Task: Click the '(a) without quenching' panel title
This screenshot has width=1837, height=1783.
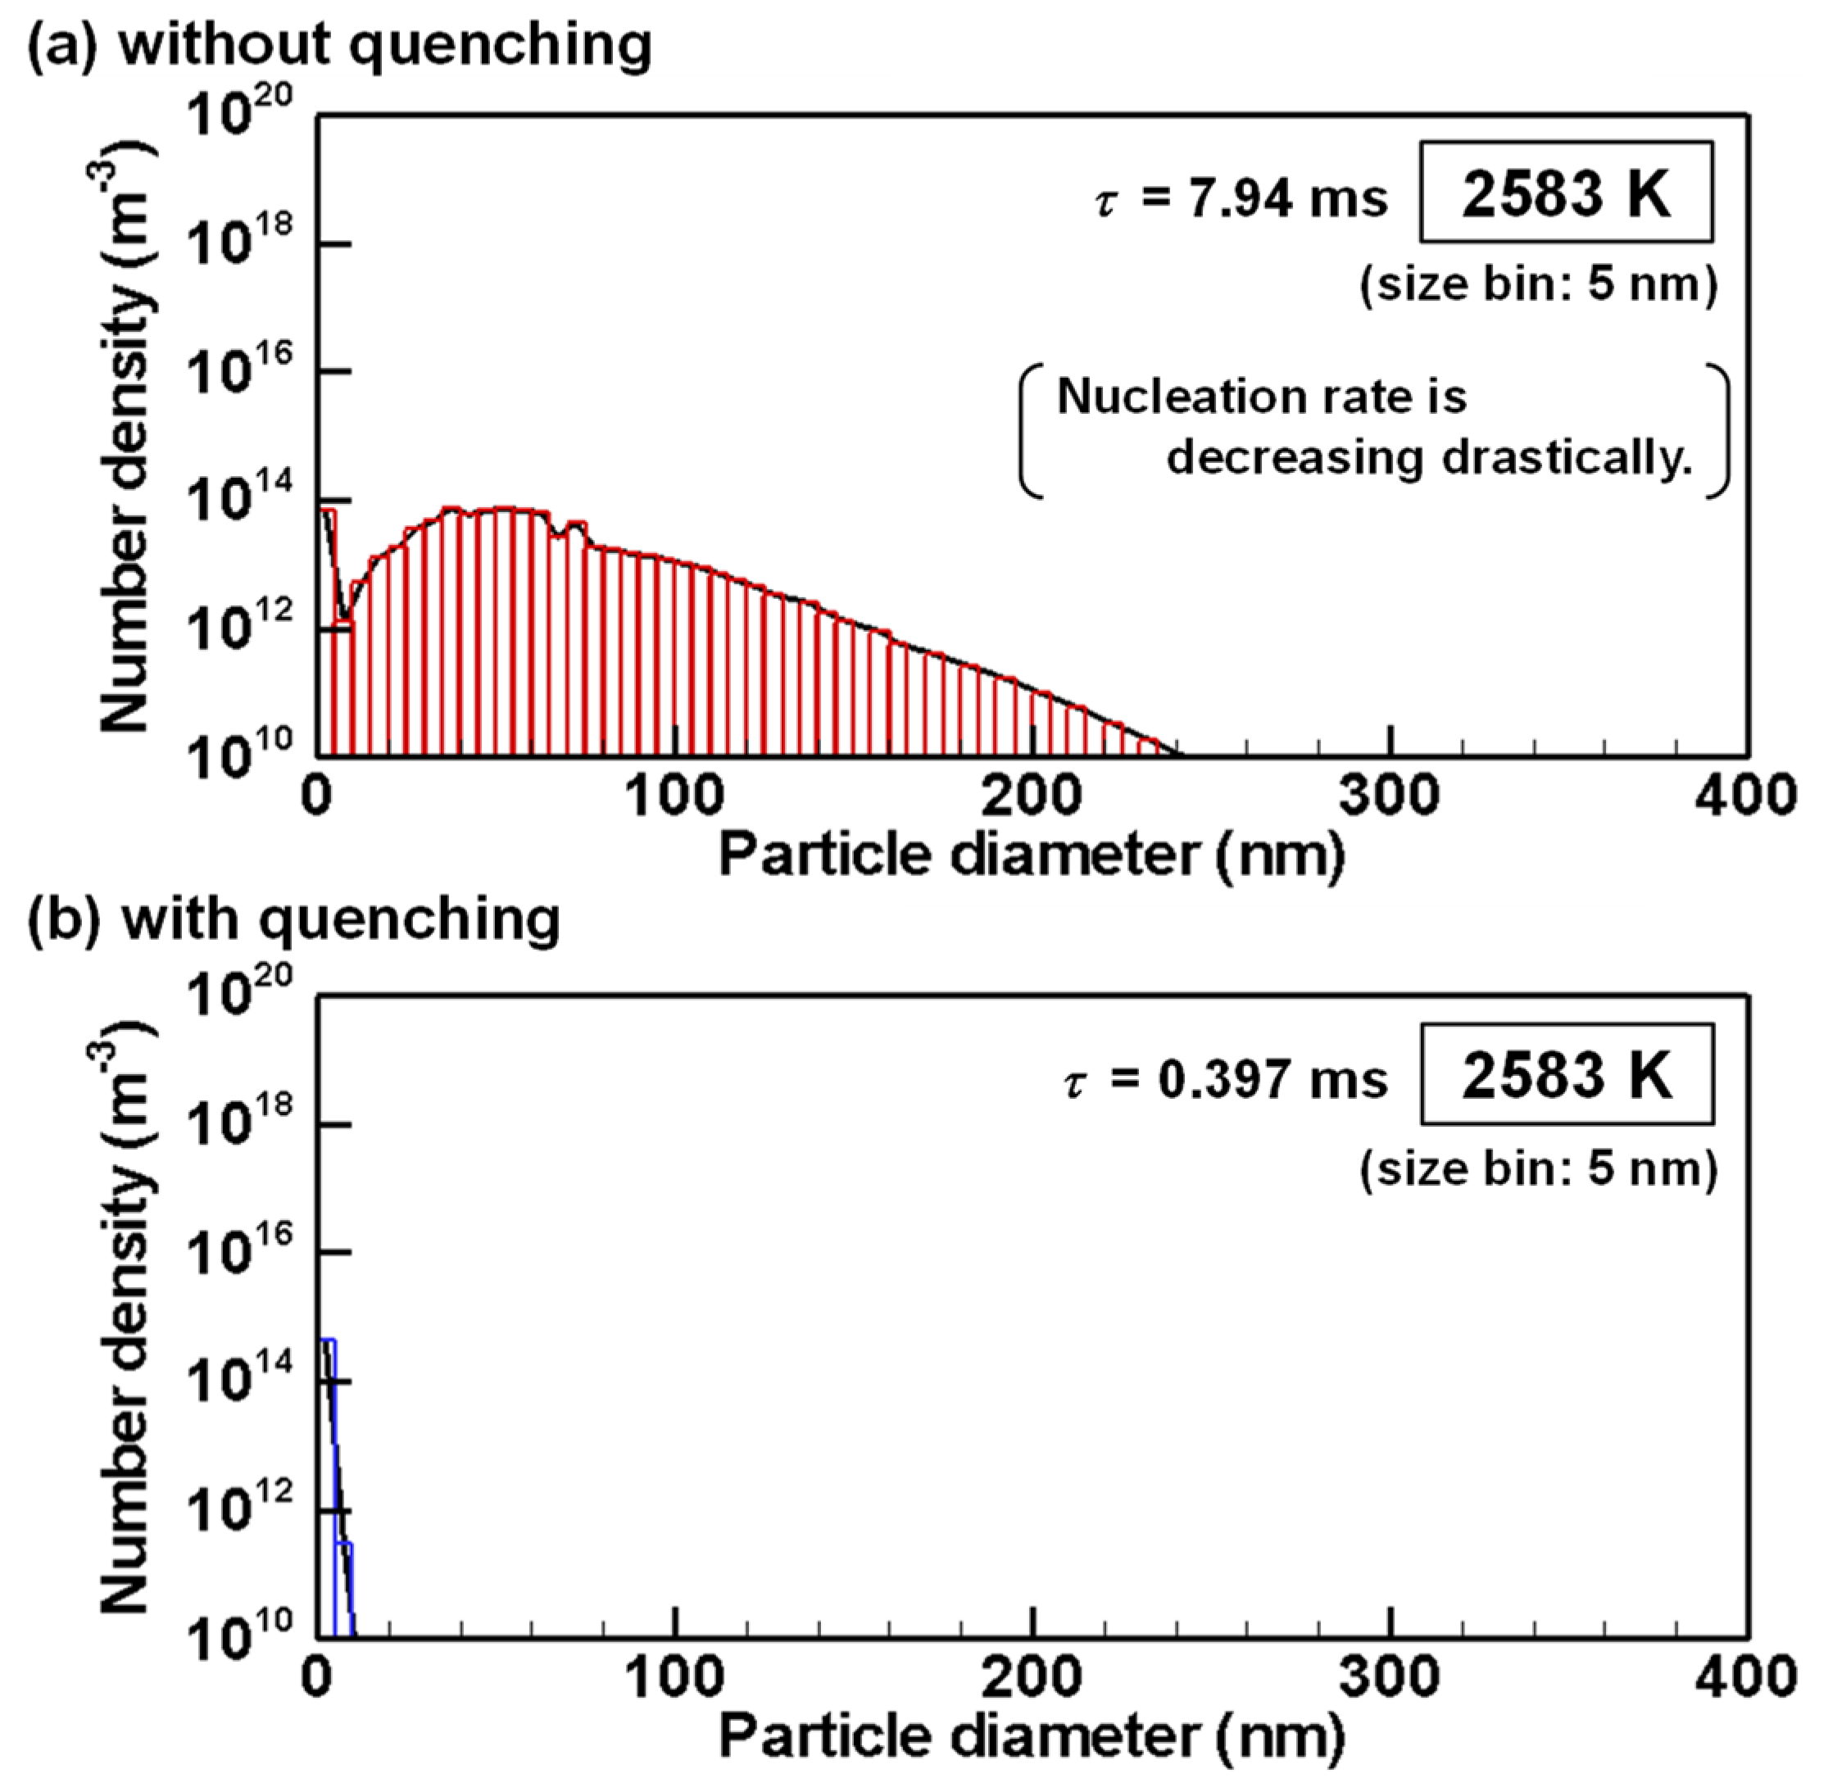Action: (339, 45)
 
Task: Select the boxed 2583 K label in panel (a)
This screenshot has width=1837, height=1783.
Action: (1566, 195)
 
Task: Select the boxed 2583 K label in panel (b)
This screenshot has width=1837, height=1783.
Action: (1566, 1074)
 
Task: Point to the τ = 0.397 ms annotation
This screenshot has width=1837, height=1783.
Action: (1225, 1079)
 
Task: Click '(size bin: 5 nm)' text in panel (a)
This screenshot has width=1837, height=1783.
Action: (1538, 284)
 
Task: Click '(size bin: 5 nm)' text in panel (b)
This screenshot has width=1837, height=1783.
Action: (1538, 1168)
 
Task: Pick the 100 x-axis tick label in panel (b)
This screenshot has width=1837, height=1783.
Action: (674, 1676)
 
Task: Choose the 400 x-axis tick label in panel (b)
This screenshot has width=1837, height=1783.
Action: (1746, 1676)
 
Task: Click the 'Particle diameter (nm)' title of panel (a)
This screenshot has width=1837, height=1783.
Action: (1031, 855)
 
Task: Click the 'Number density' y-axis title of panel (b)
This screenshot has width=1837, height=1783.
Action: (125, 1387)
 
